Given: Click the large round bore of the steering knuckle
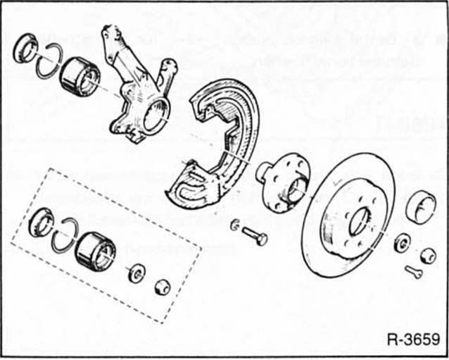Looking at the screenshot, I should (156, 113).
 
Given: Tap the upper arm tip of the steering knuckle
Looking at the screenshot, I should (110, 33).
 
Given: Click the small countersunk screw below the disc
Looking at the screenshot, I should (413, 271).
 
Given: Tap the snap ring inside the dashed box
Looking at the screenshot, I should (65, 235).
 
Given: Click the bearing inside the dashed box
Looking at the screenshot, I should (94, 248).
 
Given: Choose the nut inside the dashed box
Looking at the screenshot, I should (161, 287).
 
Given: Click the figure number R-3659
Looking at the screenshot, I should (412, 337).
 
